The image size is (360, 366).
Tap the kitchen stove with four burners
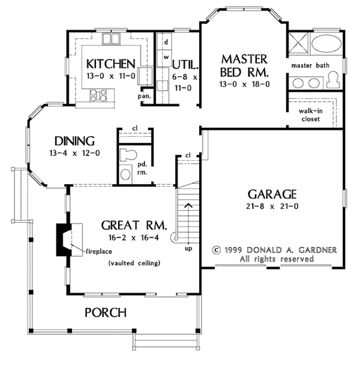(x=98, y=94)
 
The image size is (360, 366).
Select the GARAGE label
(x=272, y=194)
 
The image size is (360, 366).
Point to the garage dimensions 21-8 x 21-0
(x=272, y=207)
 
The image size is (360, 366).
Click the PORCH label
(x=106, y=312)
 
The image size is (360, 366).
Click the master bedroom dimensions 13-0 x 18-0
(x=244, y=85)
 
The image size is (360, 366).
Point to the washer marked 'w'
(x=165, y=58)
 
